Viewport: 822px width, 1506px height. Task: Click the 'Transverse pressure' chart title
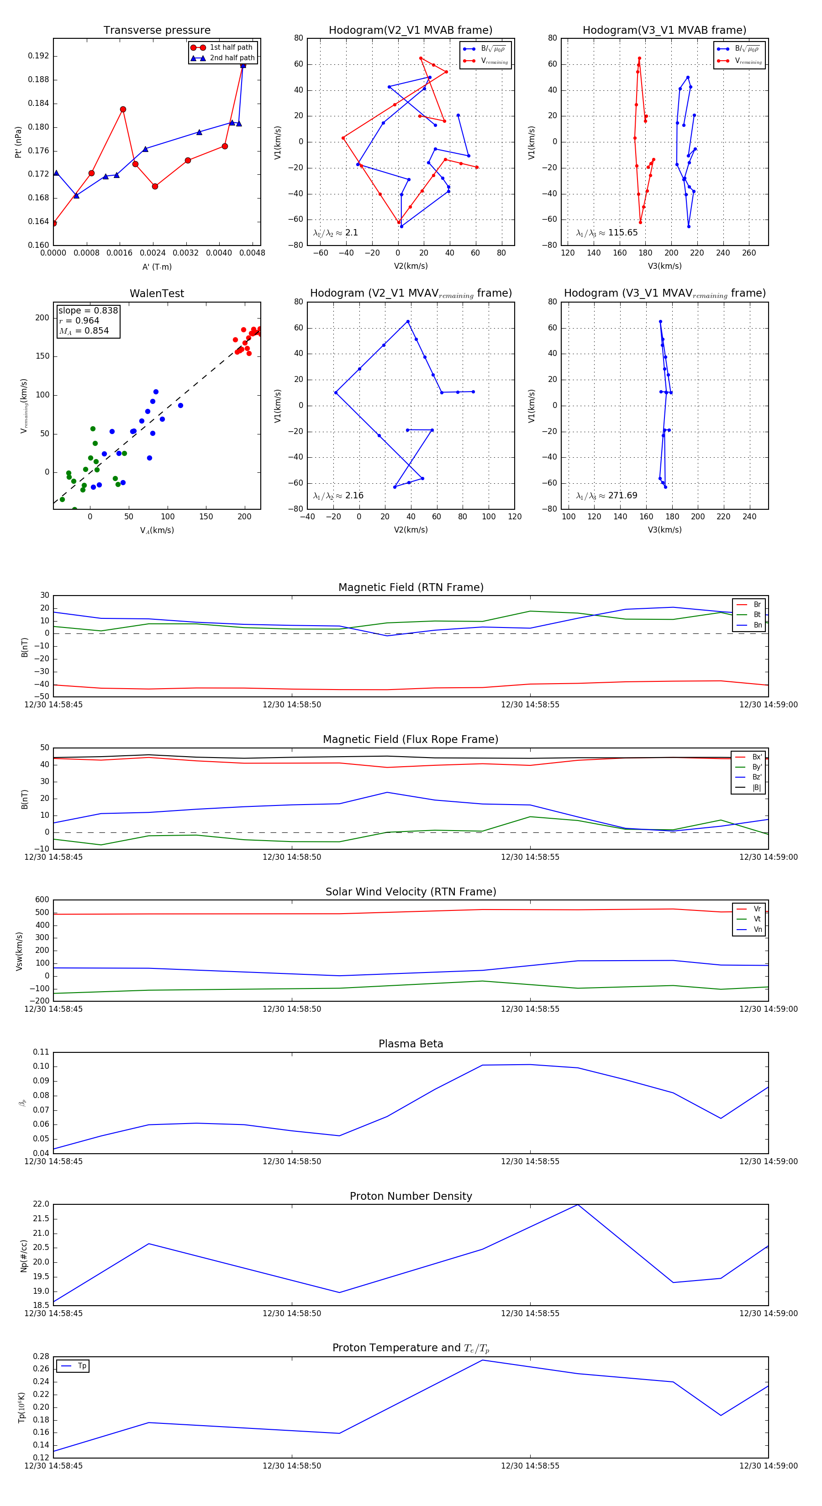[x=157, y=31]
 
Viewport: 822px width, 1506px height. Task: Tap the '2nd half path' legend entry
[x=232, y=58]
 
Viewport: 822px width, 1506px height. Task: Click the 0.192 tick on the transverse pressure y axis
[x=39, y=56]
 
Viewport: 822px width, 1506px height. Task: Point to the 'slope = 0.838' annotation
[x=88, y=310]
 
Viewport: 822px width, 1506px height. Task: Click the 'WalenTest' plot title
[x=157, y=293]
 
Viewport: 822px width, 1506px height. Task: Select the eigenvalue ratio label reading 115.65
[x=607, y=233]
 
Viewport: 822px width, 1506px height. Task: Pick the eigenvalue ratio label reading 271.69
[x=607, y=496]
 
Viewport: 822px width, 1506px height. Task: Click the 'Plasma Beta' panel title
[x=411, y=1044]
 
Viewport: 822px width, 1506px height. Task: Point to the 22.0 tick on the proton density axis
[x=41, y=1204]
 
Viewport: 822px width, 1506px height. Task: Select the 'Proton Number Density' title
[x=411, y=1196]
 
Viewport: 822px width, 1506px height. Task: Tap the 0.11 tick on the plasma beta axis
[x=41, y=1052]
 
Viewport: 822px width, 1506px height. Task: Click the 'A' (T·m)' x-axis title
[x=157, y=267]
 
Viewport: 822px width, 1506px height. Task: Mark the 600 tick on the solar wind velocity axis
[x=42, y=900]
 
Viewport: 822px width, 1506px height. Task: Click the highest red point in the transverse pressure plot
[x=243, y=65]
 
